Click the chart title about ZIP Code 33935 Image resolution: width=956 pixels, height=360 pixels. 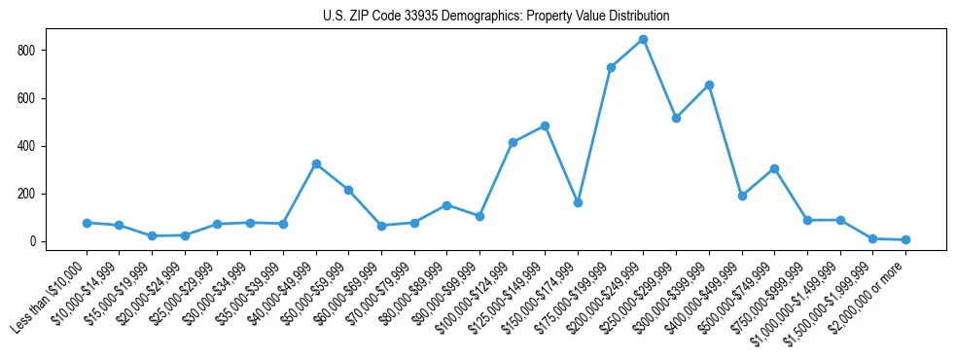coord(495,17)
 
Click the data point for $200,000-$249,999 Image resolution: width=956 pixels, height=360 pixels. coord(643,40)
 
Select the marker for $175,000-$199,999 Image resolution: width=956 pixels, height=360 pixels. coord(611,67)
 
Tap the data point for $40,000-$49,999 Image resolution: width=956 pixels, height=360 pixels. coord(316,164)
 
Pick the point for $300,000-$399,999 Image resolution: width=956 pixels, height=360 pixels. coord(709,85)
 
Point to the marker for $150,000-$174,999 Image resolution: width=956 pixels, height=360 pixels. coord(578,202)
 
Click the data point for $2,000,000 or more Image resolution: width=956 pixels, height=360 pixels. coord(905,239)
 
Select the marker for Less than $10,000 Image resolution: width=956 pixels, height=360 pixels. coord(87,223)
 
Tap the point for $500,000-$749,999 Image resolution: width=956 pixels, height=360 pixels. coord(774,168)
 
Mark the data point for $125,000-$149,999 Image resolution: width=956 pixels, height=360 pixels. coord(545,126)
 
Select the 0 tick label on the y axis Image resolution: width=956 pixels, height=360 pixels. coord(39,241)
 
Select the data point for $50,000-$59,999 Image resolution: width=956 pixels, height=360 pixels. coord(348,191)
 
